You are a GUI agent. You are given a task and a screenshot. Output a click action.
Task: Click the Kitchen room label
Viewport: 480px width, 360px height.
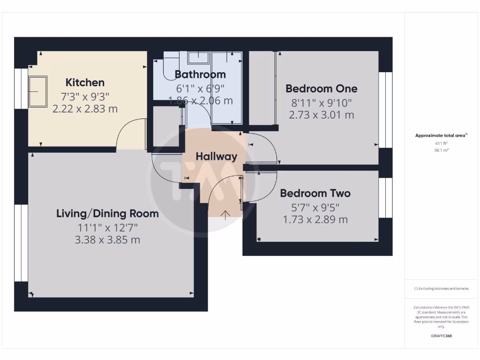[85, 82]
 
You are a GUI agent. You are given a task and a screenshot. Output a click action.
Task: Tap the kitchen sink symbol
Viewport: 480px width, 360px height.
[37, 91]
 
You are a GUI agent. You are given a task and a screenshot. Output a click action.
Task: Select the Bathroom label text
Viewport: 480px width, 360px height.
[200, 74]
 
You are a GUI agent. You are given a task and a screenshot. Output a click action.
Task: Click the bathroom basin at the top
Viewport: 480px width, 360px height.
[198, 58]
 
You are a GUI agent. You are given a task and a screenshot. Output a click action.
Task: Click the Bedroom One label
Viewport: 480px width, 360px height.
[322, 88]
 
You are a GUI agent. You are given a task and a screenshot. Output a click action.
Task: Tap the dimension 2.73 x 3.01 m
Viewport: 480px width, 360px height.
[322, 115]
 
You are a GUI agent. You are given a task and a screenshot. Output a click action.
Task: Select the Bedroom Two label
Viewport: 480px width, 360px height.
[315, 193]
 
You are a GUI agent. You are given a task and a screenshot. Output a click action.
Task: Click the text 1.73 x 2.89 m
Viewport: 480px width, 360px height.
[315, 219]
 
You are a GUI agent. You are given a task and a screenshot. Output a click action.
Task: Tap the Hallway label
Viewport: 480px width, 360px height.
[217, 157]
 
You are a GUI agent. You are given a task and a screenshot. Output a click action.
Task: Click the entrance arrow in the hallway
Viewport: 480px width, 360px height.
[225, 215]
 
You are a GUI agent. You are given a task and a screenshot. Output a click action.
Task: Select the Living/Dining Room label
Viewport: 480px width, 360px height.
[107, 214]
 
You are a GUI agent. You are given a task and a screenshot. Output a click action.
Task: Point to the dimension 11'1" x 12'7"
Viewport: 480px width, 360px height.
[108, 227]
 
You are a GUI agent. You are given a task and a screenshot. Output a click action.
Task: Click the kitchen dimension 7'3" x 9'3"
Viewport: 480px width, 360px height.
[85, 97]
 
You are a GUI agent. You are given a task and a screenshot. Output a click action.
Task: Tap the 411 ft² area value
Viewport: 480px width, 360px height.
[441, 143]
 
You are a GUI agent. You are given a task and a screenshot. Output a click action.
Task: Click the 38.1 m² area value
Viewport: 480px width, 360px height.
[441, 150]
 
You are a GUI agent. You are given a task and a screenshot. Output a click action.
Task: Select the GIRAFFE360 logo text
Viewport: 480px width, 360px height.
[441, 336]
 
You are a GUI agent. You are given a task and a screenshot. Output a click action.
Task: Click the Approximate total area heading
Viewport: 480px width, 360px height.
[441, 135]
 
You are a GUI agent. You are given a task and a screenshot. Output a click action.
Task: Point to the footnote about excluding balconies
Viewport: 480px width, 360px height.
[441, 289]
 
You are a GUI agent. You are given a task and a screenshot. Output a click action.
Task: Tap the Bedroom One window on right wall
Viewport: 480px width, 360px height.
[385, 110]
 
